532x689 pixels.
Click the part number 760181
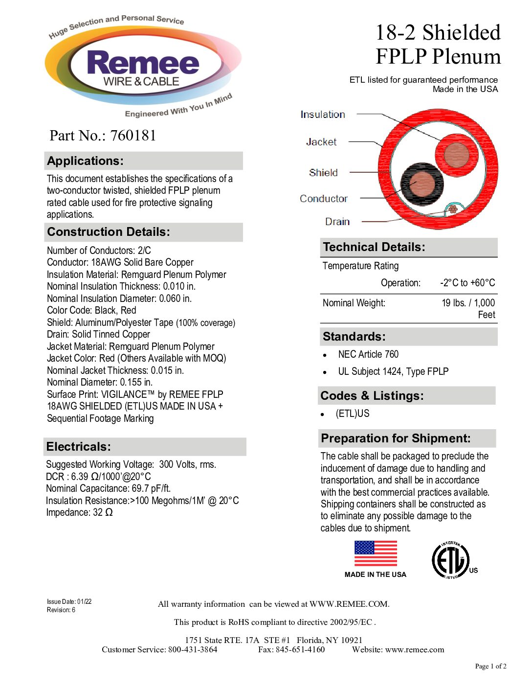[133, 136]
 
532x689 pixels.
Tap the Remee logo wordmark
[143, 64]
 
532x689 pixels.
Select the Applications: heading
[86, 161]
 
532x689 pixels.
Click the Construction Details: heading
[109, 232]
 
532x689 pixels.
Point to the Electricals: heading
[79, 447]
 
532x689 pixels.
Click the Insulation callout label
[323, 115]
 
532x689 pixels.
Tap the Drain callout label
[337, 222]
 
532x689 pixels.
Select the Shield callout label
[323, 173]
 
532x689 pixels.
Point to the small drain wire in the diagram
[453, 209]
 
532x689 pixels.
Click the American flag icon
[376, 554]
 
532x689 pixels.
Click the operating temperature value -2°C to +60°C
[467, 283]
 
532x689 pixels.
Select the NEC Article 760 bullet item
[368, 354]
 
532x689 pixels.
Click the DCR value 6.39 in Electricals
[80, 477]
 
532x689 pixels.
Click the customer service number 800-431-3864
[193, 650]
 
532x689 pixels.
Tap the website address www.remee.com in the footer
[415, 650]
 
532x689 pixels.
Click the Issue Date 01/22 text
[69, 602]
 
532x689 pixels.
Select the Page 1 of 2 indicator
[490, 666]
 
